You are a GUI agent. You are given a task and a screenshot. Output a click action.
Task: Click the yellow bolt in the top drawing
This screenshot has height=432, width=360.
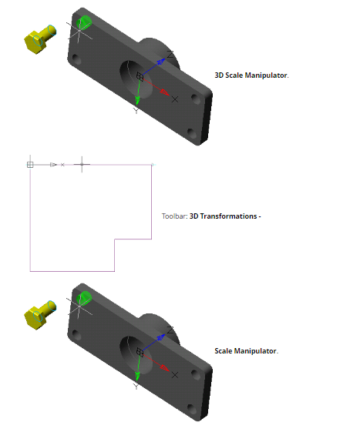point(39,39)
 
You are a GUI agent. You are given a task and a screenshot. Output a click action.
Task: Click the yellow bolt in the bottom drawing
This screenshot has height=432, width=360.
point(39,315)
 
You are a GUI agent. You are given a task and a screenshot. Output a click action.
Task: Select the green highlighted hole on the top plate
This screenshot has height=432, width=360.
point(84,22)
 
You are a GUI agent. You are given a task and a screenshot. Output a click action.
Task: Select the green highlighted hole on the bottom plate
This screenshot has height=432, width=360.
point(84,298)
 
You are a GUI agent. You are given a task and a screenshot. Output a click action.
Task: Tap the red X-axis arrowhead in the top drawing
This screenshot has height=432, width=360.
point(165,92)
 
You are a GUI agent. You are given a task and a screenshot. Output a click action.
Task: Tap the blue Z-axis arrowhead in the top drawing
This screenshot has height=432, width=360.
point(161,62)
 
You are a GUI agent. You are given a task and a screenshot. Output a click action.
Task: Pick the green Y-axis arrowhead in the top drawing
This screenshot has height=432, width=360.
point(137,100)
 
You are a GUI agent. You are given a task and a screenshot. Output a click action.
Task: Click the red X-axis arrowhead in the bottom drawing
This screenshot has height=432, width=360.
point(165,368)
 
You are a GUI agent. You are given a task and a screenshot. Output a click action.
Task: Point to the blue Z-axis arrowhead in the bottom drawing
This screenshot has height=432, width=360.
point(161,337)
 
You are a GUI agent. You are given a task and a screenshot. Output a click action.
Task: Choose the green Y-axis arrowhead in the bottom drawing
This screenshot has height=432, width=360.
point(137,376)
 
